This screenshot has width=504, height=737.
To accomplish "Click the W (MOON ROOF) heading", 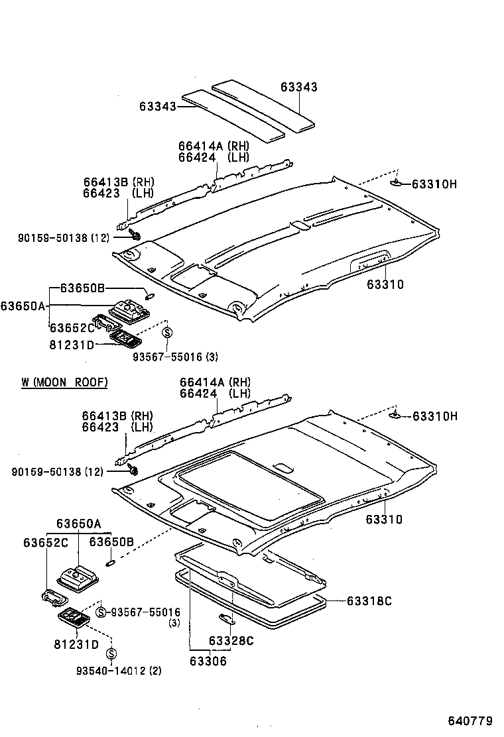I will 64,382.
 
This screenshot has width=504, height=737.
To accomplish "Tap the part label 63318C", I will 369,601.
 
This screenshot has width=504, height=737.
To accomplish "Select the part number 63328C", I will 231,640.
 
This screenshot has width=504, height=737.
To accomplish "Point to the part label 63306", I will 208,660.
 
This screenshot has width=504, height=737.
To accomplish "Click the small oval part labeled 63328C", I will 226,619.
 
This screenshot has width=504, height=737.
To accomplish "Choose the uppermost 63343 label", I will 298,87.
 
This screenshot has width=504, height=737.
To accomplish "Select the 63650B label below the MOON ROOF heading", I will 112,541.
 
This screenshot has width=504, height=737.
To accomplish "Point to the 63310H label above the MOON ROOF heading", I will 434,184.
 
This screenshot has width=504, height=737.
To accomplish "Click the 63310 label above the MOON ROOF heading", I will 385,284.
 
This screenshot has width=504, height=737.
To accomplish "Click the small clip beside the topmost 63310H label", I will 397,183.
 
